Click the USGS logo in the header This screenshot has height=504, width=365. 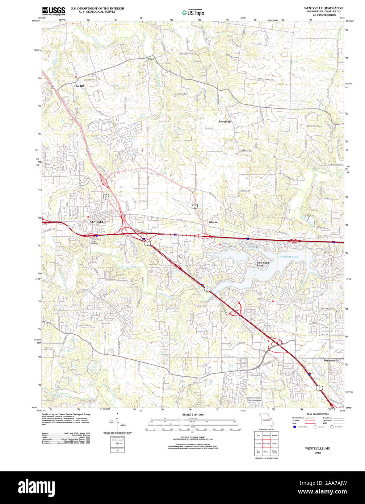(54, 11)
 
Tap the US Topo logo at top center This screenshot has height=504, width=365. (193, 13)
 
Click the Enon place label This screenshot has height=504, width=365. (151, 58)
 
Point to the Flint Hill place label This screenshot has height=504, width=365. (79, 86)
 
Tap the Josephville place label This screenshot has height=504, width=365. (225, 121)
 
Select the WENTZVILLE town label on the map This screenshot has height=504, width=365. (97, 221)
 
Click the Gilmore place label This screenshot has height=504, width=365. (213, 222)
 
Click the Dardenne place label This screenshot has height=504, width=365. (329, 360)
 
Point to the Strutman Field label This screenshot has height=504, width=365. (255, 400)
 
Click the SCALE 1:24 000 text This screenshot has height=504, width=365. (193, 414)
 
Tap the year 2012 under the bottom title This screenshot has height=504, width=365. (318, 453)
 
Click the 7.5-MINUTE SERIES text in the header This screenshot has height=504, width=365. (325, 15)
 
